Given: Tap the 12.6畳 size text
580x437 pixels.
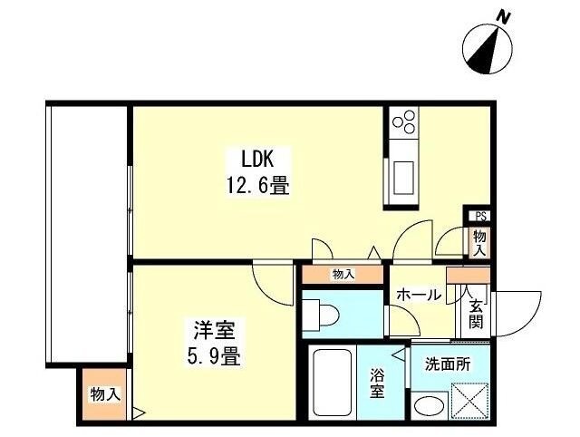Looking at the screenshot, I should (257, 187).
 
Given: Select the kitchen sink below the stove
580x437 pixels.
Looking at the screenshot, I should (402, 176).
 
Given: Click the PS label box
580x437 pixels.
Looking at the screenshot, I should (480, 216).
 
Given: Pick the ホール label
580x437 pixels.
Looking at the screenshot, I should (418, 295).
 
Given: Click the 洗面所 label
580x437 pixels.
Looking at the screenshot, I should (448, 364).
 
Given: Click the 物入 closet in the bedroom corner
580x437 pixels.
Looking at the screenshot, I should (103, 394).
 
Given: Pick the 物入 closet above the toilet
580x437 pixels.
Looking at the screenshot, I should (343, 274).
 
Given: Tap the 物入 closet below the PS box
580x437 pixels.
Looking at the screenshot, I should (479, 241).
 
